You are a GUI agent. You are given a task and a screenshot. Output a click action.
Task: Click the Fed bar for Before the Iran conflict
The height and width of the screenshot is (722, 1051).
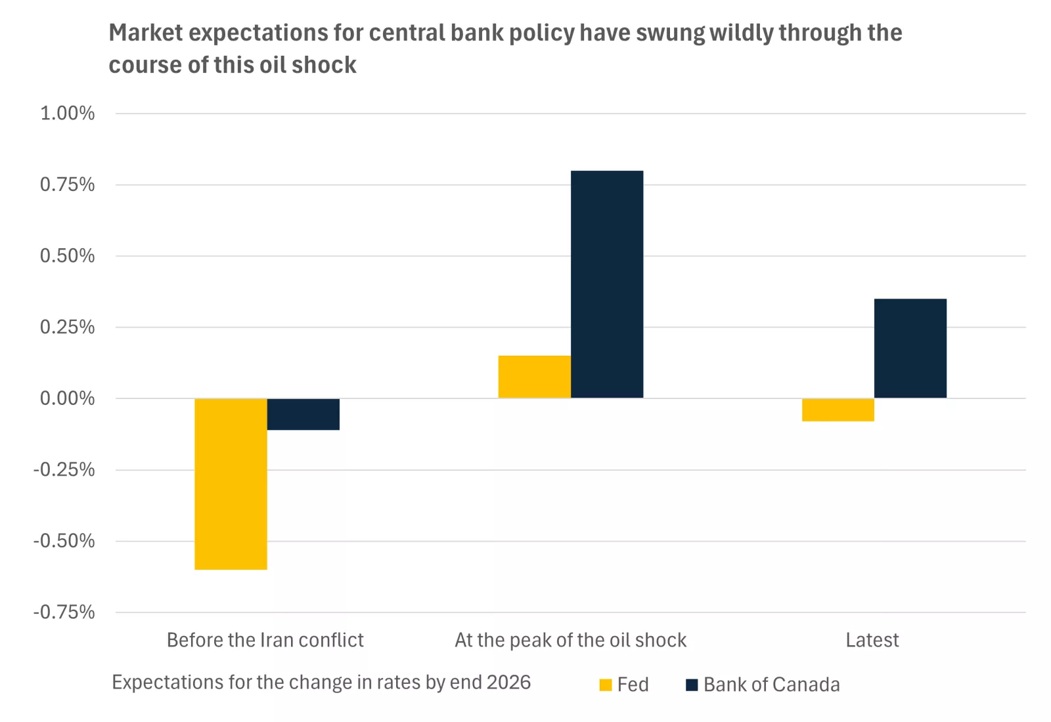231,484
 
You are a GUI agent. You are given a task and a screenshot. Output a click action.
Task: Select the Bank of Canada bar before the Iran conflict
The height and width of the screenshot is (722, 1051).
303,414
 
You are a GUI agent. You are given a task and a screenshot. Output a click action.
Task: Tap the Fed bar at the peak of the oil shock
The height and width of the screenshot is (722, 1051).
534,377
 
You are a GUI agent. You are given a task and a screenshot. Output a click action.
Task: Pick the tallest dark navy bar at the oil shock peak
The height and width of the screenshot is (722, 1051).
606,284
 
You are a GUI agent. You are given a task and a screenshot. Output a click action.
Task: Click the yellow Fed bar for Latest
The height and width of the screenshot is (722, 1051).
838,410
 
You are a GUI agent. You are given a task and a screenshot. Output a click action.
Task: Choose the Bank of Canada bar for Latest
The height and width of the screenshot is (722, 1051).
910,348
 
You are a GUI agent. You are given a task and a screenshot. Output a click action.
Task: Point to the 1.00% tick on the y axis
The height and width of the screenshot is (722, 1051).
67,114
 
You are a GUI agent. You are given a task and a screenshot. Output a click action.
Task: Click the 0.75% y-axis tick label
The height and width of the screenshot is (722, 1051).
67,184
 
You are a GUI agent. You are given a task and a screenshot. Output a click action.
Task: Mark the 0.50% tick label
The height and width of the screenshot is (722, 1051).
67,256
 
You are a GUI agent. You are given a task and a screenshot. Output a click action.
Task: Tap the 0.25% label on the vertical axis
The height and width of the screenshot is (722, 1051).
67,327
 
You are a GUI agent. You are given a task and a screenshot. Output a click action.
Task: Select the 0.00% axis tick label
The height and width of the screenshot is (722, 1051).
67,398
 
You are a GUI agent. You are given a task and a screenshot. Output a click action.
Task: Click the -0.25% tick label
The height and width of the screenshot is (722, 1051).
64,470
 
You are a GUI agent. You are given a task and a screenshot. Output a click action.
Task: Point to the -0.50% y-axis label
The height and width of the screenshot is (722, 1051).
64,541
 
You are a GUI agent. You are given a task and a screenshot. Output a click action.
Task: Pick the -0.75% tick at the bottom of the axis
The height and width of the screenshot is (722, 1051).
64,612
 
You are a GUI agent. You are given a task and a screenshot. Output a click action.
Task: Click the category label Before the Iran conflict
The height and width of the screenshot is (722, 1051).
265,640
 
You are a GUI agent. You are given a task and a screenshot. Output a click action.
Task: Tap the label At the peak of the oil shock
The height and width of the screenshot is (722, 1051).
570,640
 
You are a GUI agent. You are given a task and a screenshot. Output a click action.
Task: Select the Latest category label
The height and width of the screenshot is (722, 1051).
872,640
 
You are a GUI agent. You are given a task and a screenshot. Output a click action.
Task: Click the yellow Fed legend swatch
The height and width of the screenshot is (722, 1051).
606,685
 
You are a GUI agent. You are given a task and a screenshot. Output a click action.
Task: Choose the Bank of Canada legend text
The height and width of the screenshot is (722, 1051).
771,685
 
